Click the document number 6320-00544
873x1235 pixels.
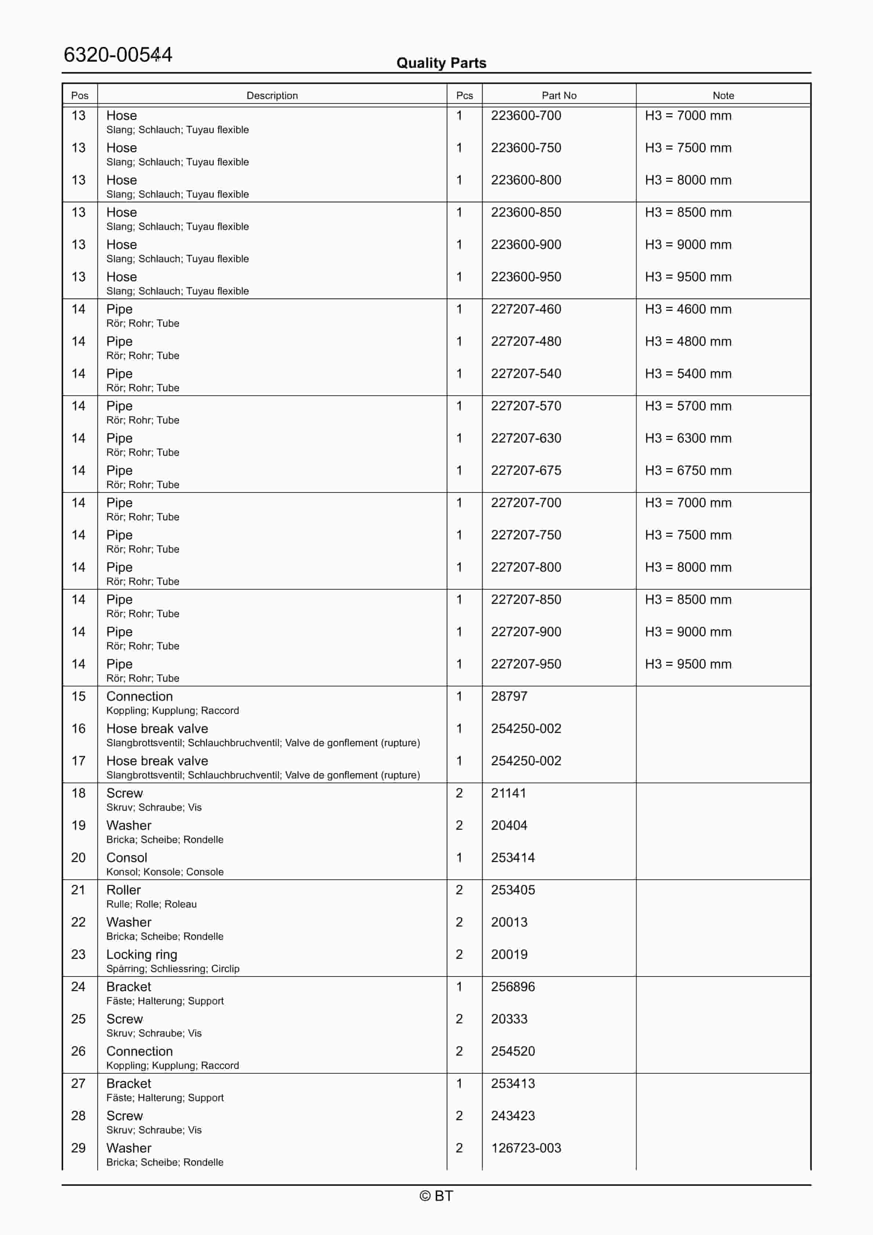[x=117, y=55]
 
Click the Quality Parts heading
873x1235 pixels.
[x=441, y=63]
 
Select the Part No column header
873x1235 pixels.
[x=559, y=95]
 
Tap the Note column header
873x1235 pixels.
[x=723, y=95]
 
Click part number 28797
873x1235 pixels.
[x=509, y=697]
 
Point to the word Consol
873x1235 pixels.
[x=127, y=858]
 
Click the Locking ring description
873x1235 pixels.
[x=142, y=955]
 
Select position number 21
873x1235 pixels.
[x=78, y=890]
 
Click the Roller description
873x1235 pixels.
[x=123, y=890]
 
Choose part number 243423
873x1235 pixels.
[x=512, y=1116]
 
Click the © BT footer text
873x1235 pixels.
[x=436, y=1196]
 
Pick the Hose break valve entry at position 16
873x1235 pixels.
[x=157, y=729]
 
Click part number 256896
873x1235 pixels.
[x=512, y=987]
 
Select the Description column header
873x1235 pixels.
[x=272, y=95]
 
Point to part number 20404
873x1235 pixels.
[x=509, y=826]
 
